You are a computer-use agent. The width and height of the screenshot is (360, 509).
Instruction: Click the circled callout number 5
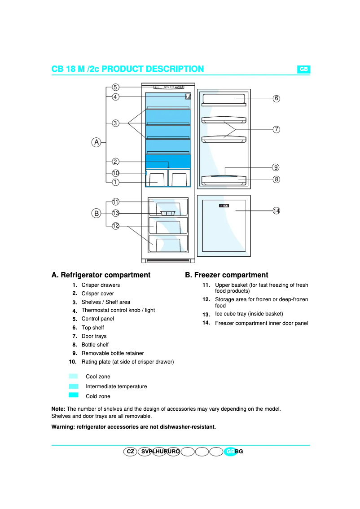coord(115,87)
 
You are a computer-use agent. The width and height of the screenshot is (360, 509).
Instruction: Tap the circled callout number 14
coord(277,211)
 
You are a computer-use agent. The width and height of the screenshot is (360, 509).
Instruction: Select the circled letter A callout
coord(96,142)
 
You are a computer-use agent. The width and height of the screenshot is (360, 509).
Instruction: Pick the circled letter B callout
coord(96,213)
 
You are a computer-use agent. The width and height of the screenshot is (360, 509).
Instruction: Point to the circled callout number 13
coord(115,213)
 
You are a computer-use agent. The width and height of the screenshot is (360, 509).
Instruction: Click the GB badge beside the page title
coord(304,69)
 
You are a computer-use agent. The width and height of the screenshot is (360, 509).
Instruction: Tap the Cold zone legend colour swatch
coord(74,395)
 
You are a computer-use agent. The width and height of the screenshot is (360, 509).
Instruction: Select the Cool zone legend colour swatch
coord(74,376)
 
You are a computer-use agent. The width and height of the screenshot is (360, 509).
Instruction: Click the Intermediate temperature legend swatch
coord(74,386)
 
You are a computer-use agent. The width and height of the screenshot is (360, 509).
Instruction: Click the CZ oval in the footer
coord(130,452)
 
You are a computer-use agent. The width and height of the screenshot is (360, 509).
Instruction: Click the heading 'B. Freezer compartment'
coord(227,275)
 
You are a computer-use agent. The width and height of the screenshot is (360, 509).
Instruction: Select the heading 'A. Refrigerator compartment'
coord(101,275)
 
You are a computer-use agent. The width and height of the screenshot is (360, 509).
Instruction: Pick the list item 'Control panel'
coord(97,319)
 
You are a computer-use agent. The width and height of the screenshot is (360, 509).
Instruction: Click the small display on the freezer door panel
coord(224,206)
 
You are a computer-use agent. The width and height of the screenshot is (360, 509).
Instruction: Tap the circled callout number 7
coord(277,129)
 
